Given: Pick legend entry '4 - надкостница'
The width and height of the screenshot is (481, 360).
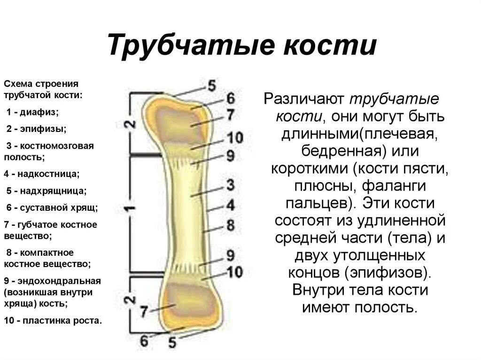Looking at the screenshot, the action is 42,174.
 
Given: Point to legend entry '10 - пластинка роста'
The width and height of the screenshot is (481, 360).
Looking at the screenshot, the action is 53,321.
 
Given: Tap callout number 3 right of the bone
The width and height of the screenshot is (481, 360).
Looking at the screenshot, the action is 230,184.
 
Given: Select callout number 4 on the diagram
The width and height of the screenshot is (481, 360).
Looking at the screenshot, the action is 230,205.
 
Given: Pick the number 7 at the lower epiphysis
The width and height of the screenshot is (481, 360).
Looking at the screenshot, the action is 144,310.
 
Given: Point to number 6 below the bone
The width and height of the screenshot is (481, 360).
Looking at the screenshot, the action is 144,339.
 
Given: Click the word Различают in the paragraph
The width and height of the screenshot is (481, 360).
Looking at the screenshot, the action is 303,99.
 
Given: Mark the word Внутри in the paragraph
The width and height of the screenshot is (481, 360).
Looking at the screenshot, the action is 320,289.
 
